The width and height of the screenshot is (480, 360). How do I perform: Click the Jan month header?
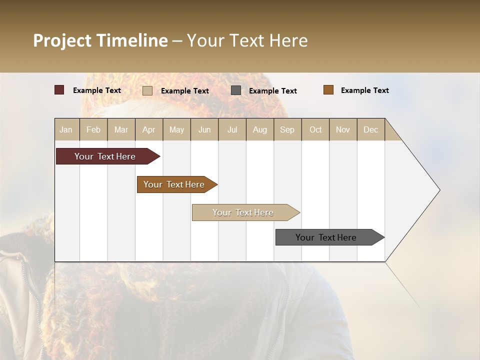(66, 129)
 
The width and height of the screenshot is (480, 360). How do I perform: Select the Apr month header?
(149, 129)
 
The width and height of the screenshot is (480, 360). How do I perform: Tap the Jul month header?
(232, 129)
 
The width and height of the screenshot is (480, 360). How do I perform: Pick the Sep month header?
(287, 129)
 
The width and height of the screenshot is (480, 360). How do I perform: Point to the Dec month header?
(370, 129)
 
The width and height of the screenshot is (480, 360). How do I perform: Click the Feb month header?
(93, 129)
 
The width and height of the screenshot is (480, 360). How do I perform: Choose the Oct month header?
(315, 129)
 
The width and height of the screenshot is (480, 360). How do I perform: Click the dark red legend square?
(59, 90)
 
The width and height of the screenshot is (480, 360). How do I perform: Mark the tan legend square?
(147, 90)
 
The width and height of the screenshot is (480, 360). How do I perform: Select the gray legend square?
(236, 90)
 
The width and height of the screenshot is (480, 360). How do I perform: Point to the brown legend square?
(328, 90)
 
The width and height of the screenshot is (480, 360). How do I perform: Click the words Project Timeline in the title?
(100, 40)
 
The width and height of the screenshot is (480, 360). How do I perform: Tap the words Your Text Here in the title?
(247, 40)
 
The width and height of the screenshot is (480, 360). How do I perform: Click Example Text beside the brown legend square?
(364, 90)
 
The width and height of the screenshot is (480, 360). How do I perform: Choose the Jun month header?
(204, 129)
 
